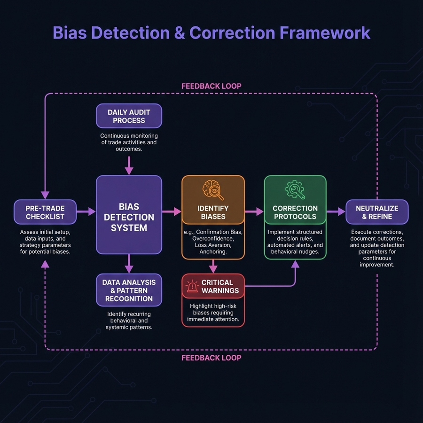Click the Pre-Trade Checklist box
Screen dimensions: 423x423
coord(45,212)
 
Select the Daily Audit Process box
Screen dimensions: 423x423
coord(129,116)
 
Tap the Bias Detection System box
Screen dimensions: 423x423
coord(129,215)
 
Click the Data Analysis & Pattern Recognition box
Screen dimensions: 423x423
coord(129,290)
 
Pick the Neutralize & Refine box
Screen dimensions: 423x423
coord(377,212)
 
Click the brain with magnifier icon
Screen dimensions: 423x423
coord(213,190)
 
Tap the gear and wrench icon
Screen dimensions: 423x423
coord(295,189)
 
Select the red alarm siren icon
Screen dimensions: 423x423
coord(192,287)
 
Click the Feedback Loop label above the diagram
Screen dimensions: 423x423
coord(211,86)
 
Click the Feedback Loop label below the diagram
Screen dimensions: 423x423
coord(211,358)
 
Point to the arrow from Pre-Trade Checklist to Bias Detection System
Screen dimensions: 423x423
coord(86,212)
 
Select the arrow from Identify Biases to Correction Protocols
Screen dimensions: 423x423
coord(254,212)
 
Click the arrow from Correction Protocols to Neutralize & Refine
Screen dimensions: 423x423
coord(336,212)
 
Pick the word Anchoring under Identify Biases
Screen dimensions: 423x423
coord(213,251)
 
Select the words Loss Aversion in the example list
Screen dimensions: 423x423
coord(213,245)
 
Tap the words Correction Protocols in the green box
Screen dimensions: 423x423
coord(295,212)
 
